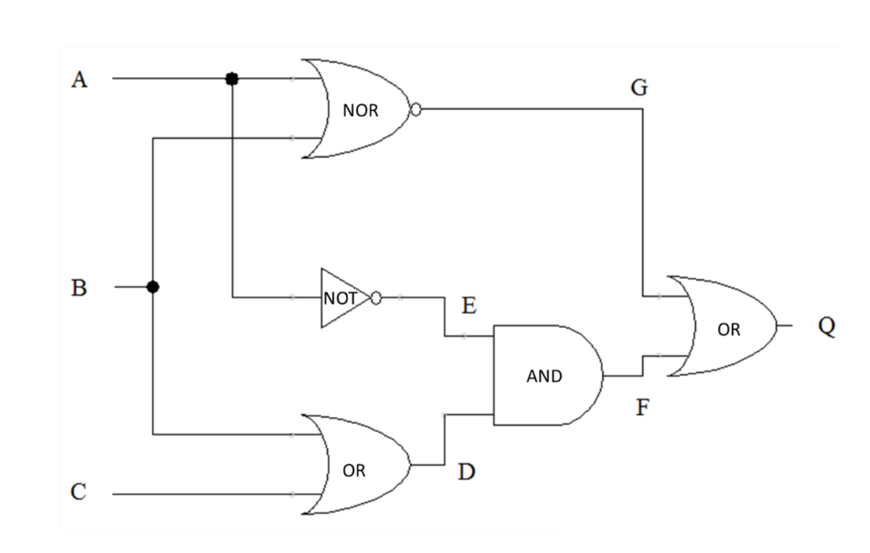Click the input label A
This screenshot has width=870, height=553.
tap(80, 80)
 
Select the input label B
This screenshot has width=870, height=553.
tap(79, 288)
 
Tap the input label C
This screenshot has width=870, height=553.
tap(79, 493)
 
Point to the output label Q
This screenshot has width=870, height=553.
tap(826, 327)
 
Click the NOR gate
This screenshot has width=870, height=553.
tap(359, 109)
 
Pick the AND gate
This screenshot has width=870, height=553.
tap(545, 375)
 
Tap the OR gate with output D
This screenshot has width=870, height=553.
tap(356, 464)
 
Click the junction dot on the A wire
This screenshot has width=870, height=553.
tap(232, 79)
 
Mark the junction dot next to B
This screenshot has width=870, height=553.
tap(153, 287)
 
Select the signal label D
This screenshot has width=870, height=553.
tap(466, 473)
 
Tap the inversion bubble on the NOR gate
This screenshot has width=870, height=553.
tap(415, 110)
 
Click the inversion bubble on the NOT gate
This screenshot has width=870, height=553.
tap(377, 298)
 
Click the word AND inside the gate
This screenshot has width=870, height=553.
tap(544, 377)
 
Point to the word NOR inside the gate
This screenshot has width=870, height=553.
tap(361, 111)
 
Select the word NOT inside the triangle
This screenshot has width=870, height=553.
tap(339, 298)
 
